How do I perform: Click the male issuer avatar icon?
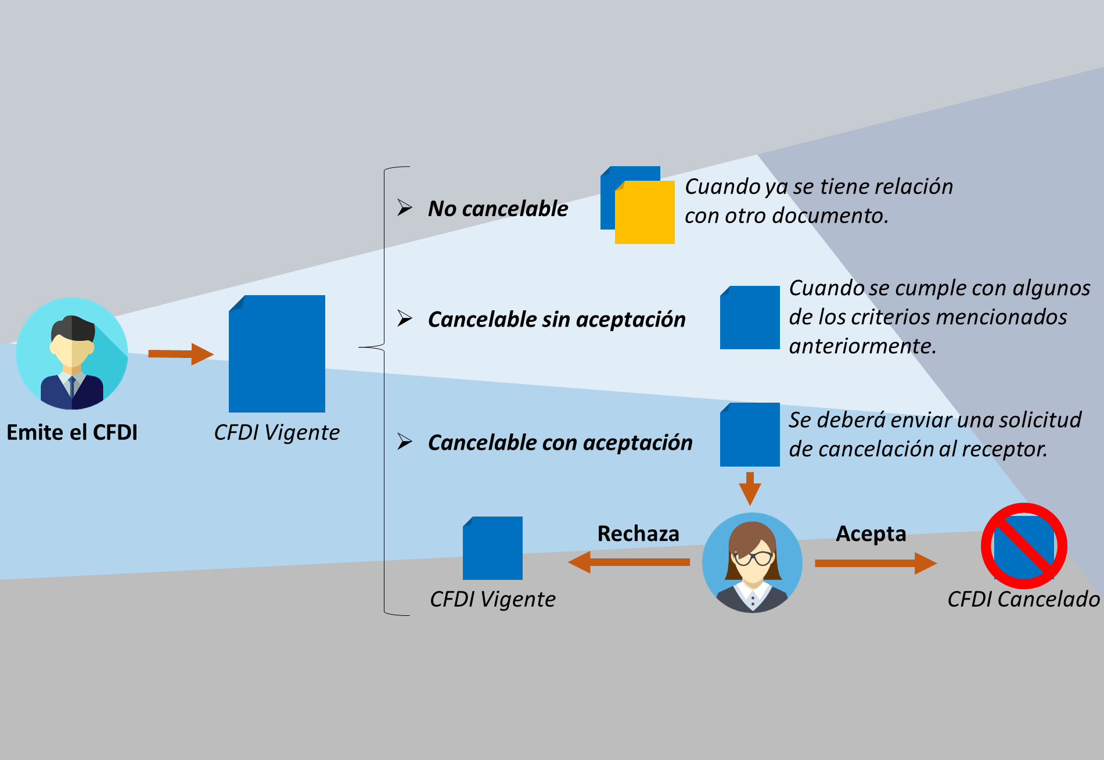click(x=72, y=353)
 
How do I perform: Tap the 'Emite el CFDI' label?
click(x=72, y=433)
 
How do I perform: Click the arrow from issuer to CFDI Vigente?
click(x=181, y=354)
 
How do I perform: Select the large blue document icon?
click(x=277, y=354)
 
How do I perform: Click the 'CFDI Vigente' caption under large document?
click(x=277, y=433)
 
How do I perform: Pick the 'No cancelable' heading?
click(x=498, y=209)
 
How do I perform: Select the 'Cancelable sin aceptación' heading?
click(x=556, y=320)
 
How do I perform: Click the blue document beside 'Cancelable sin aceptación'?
click(x=750, y=318)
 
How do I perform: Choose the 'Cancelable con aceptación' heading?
click(x=560, y=443)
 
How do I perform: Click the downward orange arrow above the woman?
click(x=750, y=488)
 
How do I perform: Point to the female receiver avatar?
click(x=752, y=562)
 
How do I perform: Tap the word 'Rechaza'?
click(x=638, y=533)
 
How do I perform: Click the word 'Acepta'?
click(x=871, y=533)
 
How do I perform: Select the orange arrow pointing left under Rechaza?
click(x=630, y=562)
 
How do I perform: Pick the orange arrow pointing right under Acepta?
click(x=875, y=562)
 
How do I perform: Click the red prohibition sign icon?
click(x=1024, y=546)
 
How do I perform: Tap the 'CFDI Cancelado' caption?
click(x=1023, y=599)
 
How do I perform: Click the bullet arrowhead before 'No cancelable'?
click(x=404, y=207)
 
